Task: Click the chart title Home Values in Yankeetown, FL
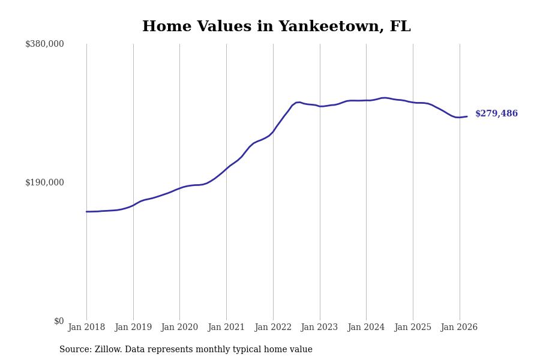coord(276,27)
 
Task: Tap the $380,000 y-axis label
coord(44,44)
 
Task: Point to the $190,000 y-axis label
coord(44,182)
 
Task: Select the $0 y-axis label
coord(59,321)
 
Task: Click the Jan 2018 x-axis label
coord(86,328)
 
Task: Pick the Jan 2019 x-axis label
coord(133,328)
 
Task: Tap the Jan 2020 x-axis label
coord(179,328)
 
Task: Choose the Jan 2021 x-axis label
coord(226,328)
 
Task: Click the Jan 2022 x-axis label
coord(273,328)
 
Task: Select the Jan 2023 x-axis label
coord(319,328)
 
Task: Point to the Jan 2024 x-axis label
coord(366,328)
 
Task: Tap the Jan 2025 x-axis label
coord(413,328)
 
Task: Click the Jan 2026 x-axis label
coord(459,328)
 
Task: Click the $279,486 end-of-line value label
coord(496,114)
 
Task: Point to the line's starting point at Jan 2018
coord(86,212)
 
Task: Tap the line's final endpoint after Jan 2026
coord(467,116)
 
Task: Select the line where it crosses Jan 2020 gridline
coord(179,188)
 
